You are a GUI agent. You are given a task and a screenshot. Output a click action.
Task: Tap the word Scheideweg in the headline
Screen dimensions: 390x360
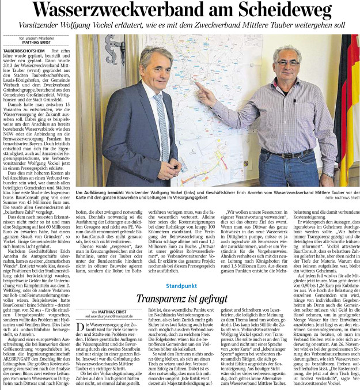tap(286, 10)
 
